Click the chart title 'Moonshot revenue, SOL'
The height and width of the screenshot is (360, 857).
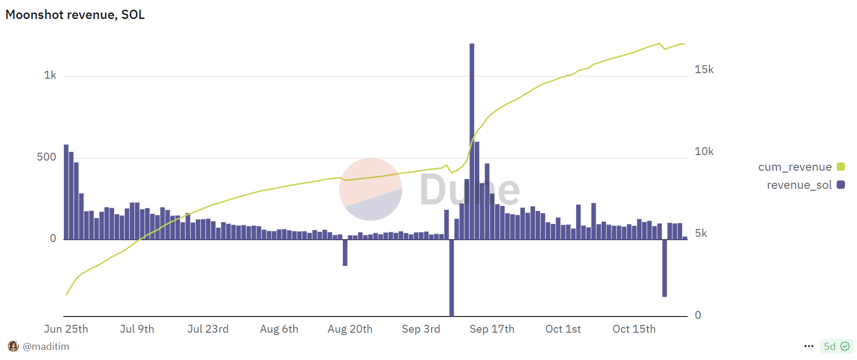tap(75, 15)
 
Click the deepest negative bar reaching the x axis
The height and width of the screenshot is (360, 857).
tap(451, 278)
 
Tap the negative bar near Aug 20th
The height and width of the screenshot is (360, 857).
tap(345, 253)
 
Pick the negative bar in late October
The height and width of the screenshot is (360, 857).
tap(665, 268)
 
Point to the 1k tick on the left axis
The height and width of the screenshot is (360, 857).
tap(50, 75)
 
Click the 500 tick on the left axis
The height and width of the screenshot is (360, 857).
tap(46, 157)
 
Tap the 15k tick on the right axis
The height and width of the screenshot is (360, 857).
tap(704, 69)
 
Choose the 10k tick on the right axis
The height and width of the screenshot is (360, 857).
tap(704, 151)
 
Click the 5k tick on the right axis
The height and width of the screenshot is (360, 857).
tap(701, 233)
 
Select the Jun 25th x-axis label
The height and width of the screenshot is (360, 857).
tap(66, 329)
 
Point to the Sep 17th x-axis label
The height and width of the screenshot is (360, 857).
tap(492, 329)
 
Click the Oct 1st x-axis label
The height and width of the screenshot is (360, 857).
tap(563, 329)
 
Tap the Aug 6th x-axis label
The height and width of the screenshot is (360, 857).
tap(279, 329)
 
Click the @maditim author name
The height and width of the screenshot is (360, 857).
tap(46, 347)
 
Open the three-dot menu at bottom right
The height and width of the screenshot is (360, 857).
tap(809, 346)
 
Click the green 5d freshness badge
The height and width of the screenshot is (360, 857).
tap(837, 346)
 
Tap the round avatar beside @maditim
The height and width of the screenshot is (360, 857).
tap(13, 346)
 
